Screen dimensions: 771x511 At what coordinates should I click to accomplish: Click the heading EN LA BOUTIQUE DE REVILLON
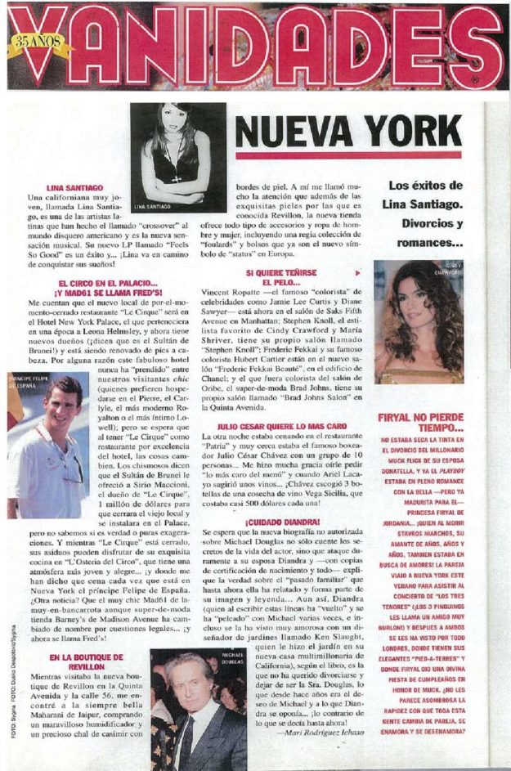tap(86, 661)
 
